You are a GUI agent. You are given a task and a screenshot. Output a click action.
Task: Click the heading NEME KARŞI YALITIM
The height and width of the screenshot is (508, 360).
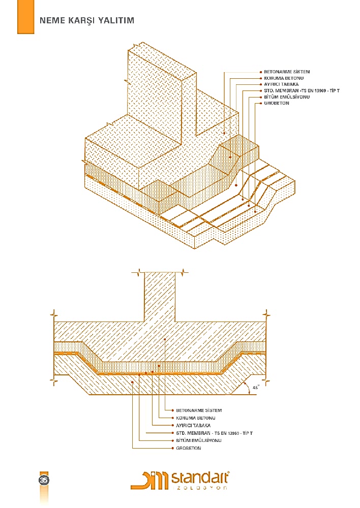(86, 20)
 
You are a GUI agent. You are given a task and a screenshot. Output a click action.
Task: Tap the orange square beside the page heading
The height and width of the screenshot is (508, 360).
(25, 17)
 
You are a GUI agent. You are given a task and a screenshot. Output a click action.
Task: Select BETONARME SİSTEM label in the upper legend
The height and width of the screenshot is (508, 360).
(287, 72)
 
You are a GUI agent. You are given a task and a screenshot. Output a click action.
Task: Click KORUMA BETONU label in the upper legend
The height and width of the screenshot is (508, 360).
(284, 78)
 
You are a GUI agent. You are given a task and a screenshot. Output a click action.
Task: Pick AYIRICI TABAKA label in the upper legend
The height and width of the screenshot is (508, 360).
(281, 84)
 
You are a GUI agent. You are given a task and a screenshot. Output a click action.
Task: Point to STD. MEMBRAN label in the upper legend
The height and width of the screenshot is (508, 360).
(302, 91)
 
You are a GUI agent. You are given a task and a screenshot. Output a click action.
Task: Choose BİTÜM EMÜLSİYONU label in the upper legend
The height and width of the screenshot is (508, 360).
(287, 97)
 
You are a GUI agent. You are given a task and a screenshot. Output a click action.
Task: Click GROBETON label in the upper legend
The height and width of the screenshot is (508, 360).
(276, 103)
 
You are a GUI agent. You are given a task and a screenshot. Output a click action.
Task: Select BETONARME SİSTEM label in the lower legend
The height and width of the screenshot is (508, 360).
(199, 410)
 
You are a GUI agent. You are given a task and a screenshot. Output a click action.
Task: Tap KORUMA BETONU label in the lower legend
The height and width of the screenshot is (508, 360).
(196, 418)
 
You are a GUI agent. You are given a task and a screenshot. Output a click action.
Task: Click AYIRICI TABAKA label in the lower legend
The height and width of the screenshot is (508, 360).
(193, 425)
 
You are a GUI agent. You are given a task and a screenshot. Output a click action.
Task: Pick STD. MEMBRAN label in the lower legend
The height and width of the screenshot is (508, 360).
(215, 433)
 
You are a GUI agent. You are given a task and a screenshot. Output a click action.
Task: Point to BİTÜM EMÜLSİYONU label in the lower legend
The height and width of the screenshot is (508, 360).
(199, 440)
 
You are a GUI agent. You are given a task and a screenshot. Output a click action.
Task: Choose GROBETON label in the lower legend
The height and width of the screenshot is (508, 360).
(189, 448)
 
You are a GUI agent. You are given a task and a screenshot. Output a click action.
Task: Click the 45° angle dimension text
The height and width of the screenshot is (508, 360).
(256, 387)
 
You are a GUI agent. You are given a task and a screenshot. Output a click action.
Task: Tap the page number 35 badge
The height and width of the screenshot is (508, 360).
(44, 480)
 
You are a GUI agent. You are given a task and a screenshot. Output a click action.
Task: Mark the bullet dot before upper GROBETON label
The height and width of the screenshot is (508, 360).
(261, 103)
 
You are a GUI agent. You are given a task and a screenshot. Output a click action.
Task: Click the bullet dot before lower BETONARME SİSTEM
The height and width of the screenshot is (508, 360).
(173, 410)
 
